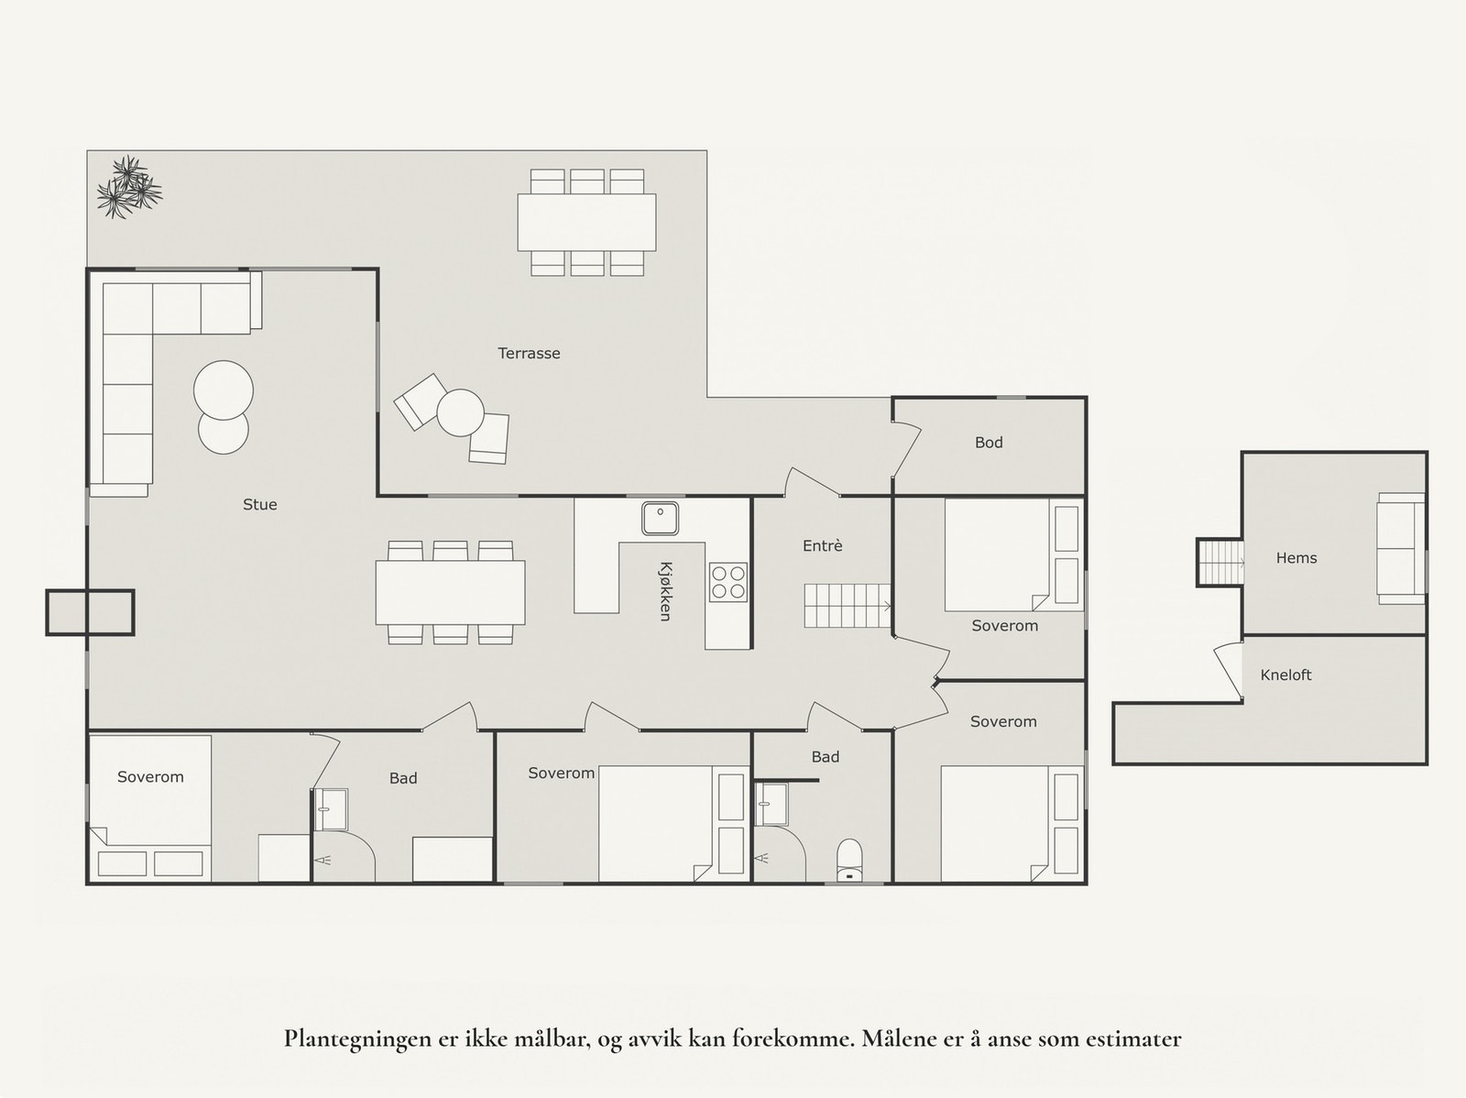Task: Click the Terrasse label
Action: tap(529, 353)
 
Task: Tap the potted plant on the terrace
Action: tap(128, 188)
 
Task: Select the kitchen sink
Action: tap(659, 519)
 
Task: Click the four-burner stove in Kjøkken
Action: tap(728, 582)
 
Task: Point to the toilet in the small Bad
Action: tap(849, 858)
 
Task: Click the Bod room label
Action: tap(989, 443)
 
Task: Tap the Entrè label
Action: tap(822, 546)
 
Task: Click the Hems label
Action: tap(1296, 558)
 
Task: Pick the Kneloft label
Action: tap(1285, 675)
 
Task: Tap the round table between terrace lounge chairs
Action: tap(460, 412)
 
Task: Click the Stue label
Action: tap(259, 505)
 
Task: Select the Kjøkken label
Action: tap(666, 591)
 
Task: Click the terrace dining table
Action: tap(586, 222)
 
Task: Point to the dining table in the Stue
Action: tap(450, 592)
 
